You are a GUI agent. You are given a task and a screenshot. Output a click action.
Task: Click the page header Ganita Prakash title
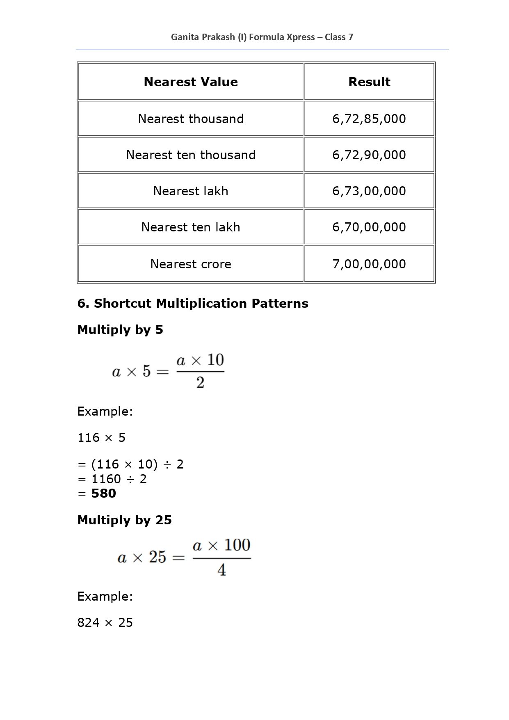[x=262, y=37]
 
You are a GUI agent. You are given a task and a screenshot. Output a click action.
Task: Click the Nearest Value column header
[x=191, y=82]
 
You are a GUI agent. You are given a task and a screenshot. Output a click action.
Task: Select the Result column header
[x=369, y=82]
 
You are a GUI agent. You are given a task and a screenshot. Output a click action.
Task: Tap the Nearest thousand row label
[x=191, y=119]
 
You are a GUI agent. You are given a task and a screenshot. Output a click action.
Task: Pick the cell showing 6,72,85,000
[x=369, y=119]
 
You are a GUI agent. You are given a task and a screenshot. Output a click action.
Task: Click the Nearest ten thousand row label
[x=191, y=155]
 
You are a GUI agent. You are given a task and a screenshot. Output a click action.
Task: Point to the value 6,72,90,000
[x=369, y=155]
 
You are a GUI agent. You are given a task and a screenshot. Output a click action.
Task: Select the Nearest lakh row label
[x=191, y=191]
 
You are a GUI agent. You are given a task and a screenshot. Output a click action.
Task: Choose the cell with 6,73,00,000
[x=369, y=191]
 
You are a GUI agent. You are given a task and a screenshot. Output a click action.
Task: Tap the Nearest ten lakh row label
[x=191, y=227]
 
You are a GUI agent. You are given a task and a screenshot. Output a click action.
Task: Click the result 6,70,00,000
[x=369, y=227]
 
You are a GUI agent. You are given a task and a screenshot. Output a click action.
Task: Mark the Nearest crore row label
[x=191, y=264]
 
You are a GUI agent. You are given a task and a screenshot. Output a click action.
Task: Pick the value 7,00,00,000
[x=369, y=264]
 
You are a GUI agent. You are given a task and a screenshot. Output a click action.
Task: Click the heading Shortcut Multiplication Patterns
[x=193, y=304]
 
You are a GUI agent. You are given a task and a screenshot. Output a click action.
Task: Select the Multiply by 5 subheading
[x=120, y=330]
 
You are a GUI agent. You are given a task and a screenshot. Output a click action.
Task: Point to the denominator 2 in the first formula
[x=200, y=383]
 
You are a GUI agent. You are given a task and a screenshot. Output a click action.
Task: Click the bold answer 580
[x=104, y=493]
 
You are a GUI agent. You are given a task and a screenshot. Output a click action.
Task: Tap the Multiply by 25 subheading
[x=124, y=520]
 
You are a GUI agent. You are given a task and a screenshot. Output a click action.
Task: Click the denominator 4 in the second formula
[x=221, y=570]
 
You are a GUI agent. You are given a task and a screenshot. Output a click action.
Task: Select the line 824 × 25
[x=105, y=623]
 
